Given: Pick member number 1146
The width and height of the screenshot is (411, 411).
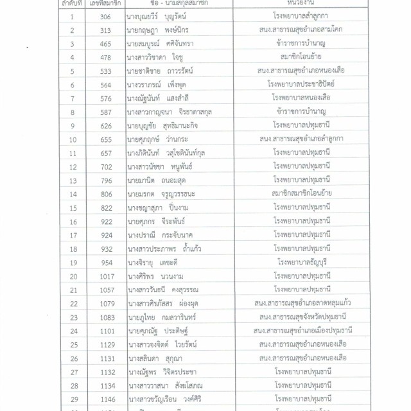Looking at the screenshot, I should pyautogui.click(x=107, y=398).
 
